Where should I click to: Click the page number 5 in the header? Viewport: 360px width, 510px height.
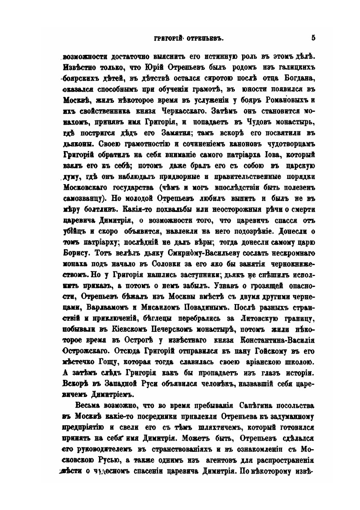pos(313,38)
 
